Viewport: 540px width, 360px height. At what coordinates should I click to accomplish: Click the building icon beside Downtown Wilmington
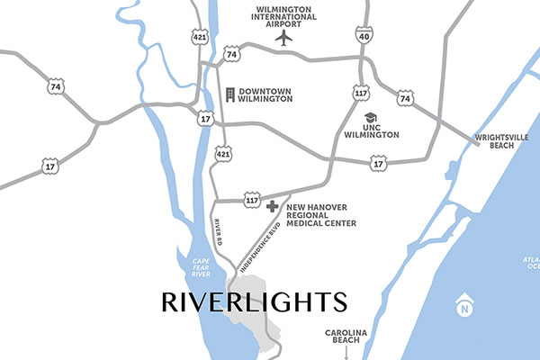pyautogui.click(x=230, y=94)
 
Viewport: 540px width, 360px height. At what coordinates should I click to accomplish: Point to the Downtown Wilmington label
pyautogui.click(x=265, y=94)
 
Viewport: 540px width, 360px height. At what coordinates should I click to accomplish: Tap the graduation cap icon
pyautogui.click(x=369, y=118)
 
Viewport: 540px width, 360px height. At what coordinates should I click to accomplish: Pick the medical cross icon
pyautogui.click(x=273, y=206)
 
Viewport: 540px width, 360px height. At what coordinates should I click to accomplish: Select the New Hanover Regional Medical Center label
pyautogui.click(x=320, y=214)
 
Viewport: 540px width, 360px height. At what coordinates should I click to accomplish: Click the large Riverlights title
pyautogui.click(x=253, y=301)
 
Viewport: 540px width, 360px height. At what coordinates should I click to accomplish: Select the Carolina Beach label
pyautogui.click(x=346, y=337)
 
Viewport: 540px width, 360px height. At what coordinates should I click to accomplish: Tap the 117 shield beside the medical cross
pyautogui.click(x=252, y=201)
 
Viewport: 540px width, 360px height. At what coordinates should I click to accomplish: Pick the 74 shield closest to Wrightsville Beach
pyautogui.click(x=405, y=97)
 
